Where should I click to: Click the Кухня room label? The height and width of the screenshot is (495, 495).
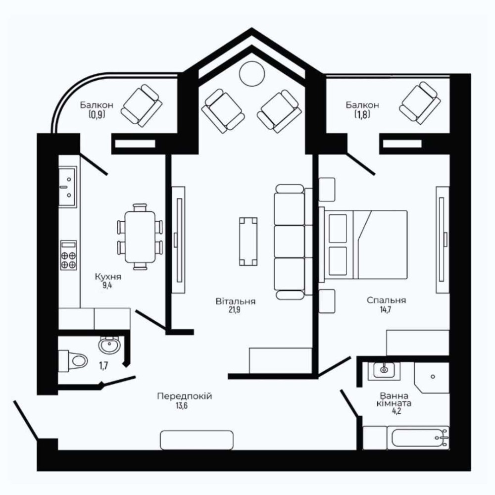coord(108,277)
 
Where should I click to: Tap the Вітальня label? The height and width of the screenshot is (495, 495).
coord(236,301)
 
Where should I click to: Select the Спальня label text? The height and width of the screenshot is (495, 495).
coord(387,300)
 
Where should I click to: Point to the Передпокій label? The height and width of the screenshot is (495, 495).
coord(184,396)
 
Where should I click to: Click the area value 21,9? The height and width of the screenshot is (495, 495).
coord(235,310)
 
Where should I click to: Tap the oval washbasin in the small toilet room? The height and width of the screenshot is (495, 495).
coord(109,345)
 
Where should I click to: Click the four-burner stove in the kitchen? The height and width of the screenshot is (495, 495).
coord(68,255)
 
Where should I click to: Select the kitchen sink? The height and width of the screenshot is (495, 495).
coord(68,187)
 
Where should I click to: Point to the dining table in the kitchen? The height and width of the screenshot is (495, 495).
coord(140,237)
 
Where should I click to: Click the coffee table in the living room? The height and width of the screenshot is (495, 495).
coord(248,241)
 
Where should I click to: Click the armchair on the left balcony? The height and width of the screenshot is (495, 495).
coord(142,106)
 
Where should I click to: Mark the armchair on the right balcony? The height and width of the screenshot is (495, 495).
coord(420,103)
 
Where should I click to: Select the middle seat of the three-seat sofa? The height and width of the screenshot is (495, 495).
coord(289,242)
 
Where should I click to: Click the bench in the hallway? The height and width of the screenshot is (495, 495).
coord(197,440)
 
